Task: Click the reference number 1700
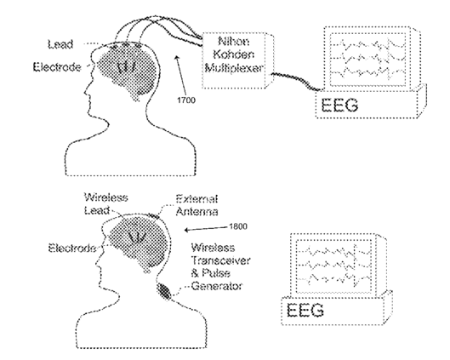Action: pyautogui.click(x=186, y=100)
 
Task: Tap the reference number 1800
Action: pyautogui.click(x=238, y=226)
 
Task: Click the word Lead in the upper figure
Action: pyautogui.click(x=60, y=44)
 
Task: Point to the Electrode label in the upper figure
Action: pyautogui.click(x=57, y=67)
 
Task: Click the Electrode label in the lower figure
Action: pyautogui.click(x=72, y=248)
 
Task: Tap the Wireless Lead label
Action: pyautogui.click(x=105, y=203)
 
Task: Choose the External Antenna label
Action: pyautogui.click(x=197, y=205)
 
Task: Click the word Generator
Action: pyautogui.click(x=217, y=286)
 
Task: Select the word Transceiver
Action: pyautogui.click(x=220, y=260)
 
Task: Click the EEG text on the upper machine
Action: pyautogui.click(x=339, y=105)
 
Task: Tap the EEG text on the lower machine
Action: pyautogui.click(x=305, y=310)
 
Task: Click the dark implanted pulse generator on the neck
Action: pyautogui.click(x=164, y=290)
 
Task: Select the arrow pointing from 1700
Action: pyautogui.click(x=180, y=75)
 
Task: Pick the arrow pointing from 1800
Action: pyautogui.click(x=206, y=229)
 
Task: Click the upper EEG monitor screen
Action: pyautogui.click(x=367, y=59)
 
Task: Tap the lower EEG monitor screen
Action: pyautogui.click(x=333, y=266)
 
